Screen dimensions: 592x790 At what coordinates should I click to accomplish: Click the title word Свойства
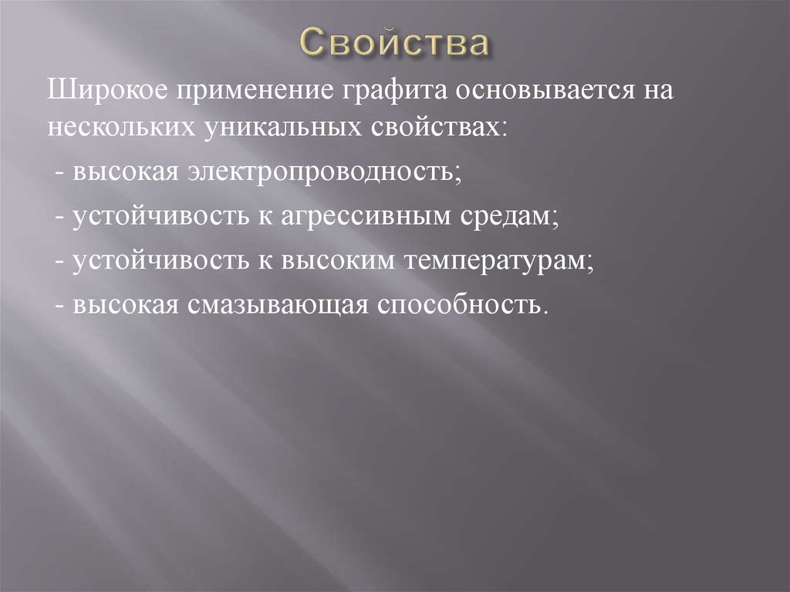coord(393,44)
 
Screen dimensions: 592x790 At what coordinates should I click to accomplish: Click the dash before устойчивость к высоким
coord(60,261)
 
